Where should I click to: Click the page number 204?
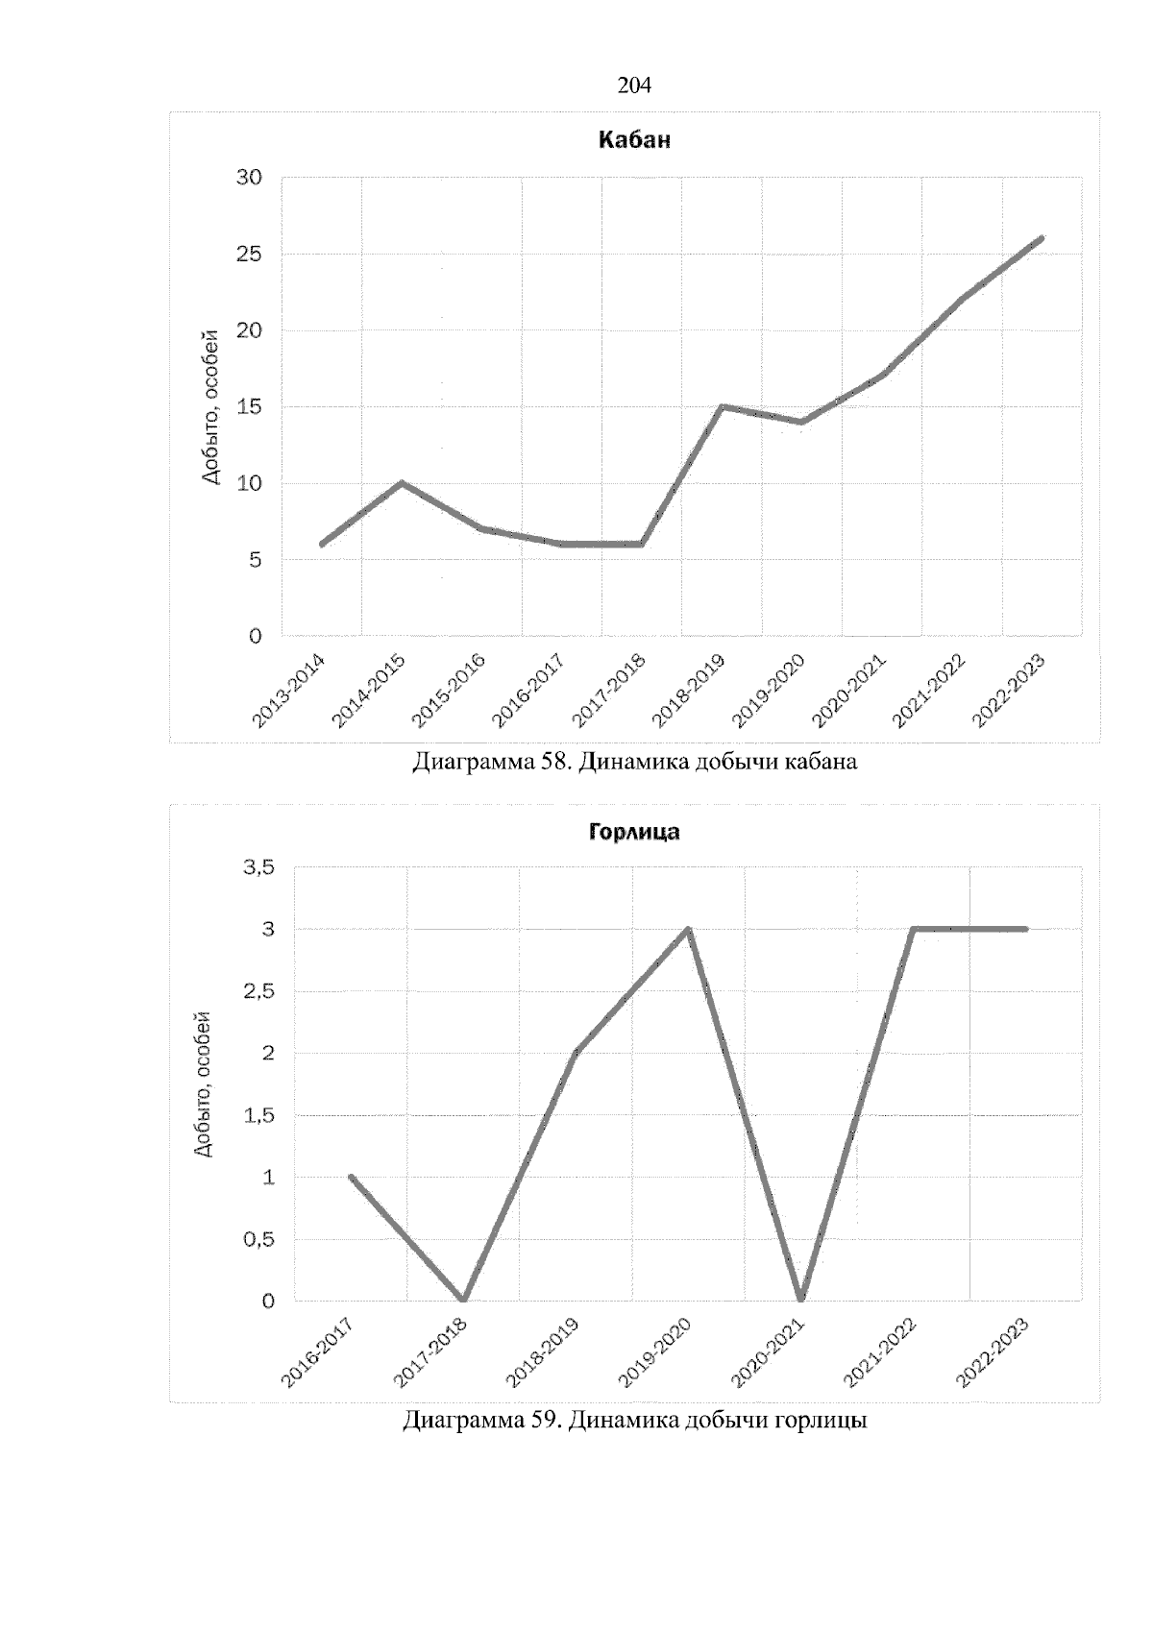634,85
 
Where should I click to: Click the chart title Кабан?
634,140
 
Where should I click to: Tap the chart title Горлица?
634,832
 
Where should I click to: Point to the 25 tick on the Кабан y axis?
249,255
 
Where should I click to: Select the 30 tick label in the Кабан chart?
249,178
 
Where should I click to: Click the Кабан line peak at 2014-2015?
402,482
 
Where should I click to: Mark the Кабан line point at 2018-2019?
722,406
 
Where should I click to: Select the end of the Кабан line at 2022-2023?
1042,237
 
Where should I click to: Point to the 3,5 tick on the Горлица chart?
259,868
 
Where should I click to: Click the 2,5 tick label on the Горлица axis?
259,992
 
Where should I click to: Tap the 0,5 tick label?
259,1240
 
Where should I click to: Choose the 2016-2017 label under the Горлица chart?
317,1354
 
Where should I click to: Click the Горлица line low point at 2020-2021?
801,1300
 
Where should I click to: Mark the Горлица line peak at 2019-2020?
688,929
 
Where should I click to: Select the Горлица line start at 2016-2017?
351,1177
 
